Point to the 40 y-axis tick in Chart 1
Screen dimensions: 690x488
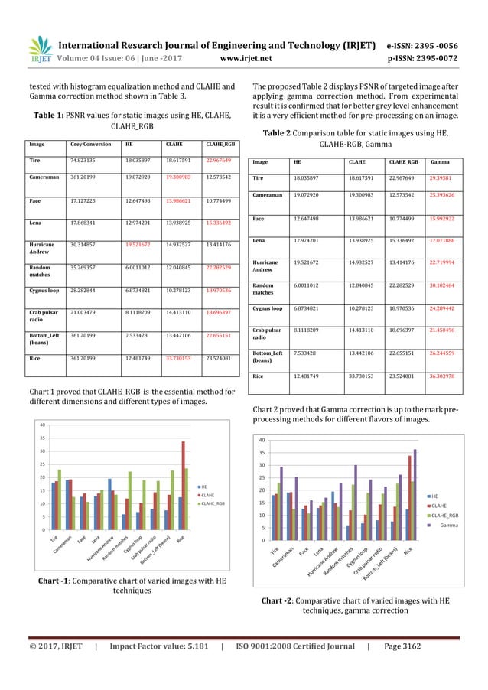43,425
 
